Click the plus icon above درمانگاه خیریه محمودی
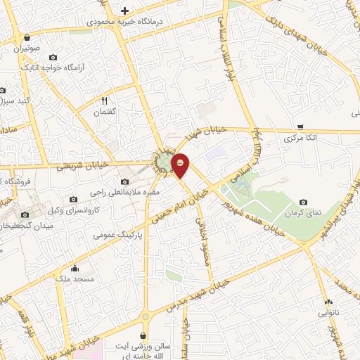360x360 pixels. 125,11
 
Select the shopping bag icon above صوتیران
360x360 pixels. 27,38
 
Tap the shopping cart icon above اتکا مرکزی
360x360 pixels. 300,127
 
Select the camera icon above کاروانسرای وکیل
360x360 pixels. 74,200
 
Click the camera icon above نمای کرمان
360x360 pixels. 304,202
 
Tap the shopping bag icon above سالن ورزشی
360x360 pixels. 143,336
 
